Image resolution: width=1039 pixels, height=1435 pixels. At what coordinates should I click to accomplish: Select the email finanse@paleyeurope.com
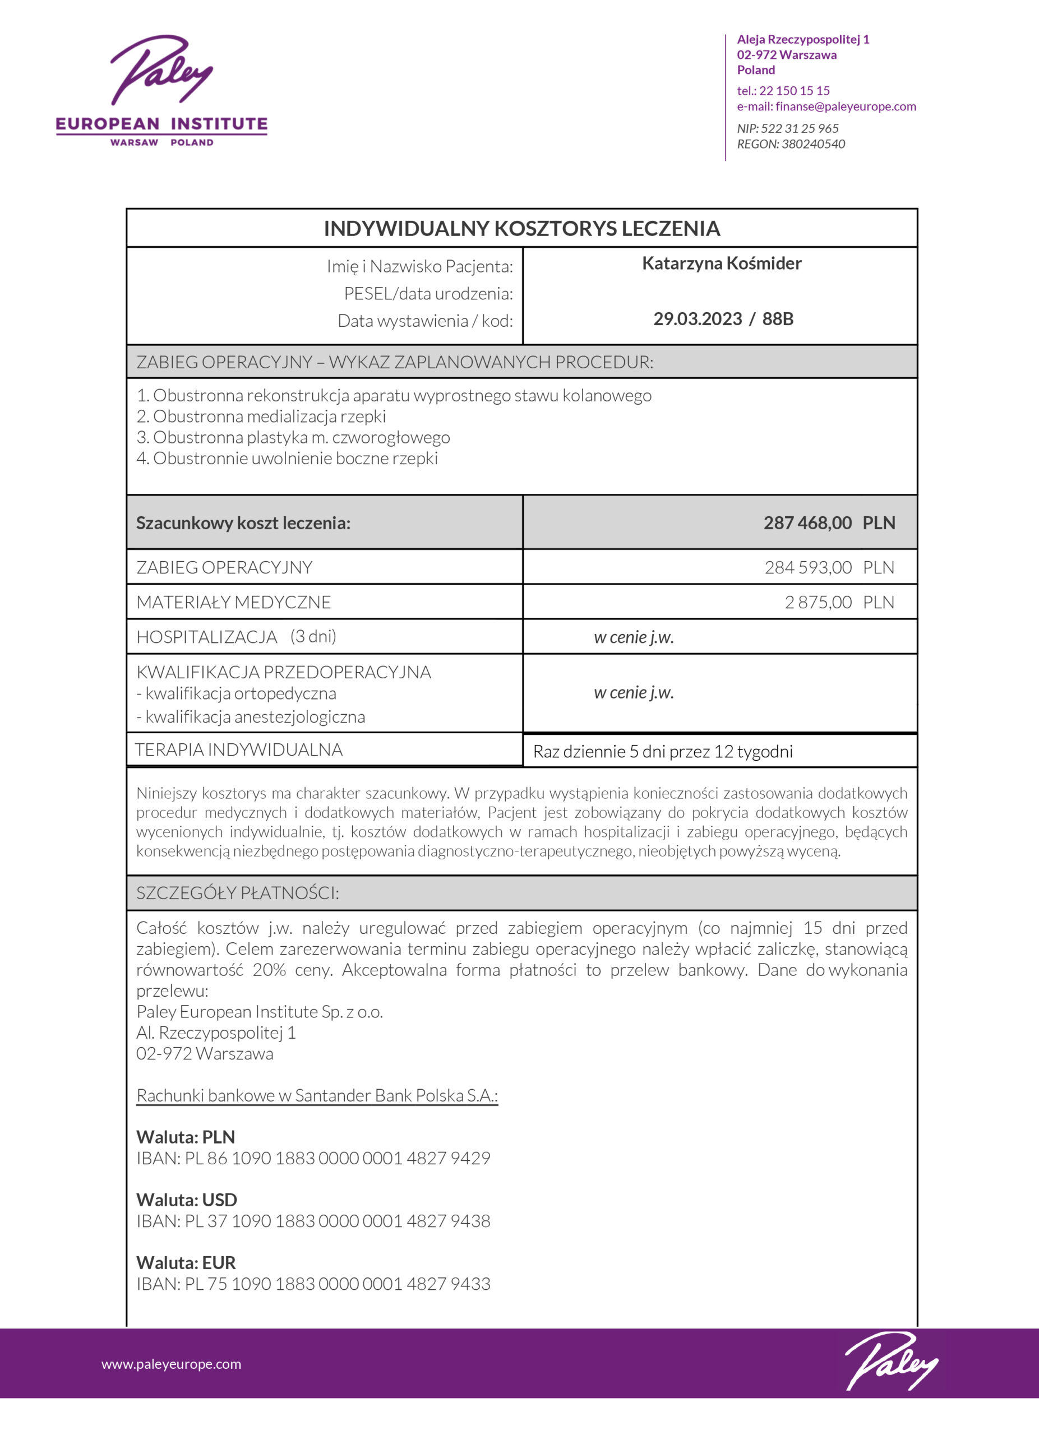tap(846, 107)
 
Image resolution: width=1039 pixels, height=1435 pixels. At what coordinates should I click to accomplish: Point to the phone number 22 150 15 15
tap(794, 90)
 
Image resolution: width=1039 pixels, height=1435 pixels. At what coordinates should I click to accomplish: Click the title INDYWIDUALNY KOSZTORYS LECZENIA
tap(521, 228)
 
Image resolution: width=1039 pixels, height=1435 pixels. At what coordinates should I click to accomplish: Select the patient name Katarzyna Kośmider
tap(721, 263)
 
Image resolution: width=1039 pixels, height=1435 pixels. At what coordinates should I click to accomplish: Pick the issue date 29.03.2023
tap(698, 319)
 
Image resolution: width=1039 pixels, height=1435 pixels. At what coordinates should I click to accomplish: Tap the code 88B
tap(778, 319)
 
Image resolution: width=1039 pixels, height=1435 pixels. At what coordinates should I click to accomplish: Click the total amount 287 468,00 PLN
tap(829, 522)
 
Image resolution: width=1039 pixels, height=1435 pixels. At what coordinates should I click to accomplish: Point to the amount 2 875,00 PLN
tap(839, 603)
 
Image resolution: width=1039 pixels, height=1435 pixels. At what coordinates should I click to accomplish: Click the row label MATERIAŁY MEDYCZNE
tap(233, 603)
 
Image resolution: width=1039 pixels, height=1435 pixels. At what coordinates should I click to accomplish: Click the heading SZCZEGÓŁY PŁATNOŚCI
tap(237, 893)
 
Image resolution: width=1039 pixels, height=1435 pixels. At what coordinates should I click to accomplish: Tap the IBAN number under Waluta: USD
tap(337, 1220)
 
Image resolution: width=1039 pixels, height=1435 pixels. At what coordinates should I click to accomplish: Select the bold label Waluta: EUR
tap(186, 1262)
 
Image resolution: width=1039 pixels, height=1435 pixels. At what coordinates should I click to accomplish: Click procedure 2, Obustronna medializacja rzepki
tap(261, 416)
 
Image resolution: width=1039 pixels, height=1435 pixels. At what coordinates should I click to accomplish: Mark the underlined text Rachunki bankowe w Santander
tap(317, 1095)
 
